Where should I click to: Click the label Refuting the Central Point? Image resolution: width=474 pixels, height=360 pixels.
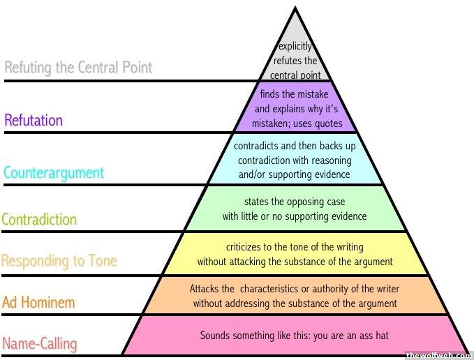(78, 68)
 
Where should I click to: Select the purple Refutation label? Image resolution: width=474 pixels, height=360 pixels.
(34, 120)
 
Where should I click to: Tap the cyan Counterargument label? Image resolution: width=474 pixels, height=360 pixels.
(54, 173)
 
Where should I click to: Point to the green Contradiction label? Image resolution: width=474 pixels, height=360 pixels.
(39, 220)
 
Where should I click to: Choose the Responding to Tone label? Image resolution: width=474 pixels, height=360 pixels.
(59, 261)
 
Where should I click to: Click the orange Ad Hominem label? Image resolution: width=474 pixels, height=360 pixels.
(38, 302)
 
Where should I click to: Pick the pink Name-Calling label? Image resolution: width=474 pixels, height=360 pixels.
(40, 344)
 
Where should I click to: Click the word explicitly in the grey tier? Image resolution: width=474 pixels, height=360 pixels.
(295, 46)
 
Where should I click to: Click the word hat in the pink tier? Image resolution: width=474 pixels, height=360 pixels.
(382, 336)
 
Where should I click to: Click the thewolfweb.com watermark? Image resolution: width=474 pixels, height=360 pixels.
(438, 356)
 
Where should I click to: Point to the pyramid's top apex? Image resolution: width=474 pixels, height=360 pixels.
(295, 7)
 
